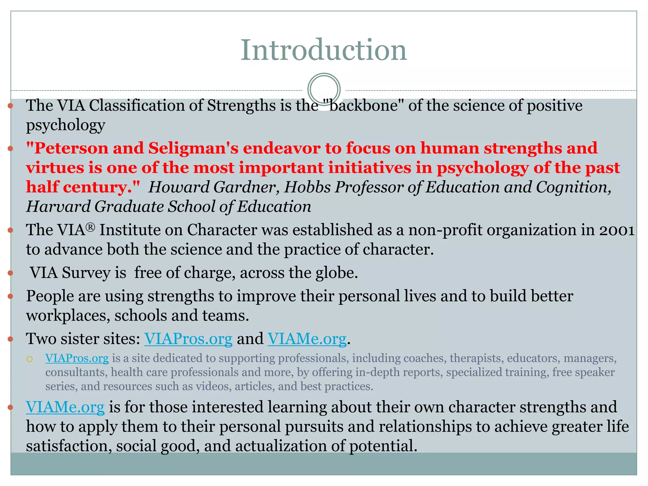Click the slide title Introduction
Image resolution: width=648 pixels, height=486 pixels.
[323, 50]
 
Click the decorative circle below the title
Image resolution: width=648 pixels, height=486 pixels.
[324, 89]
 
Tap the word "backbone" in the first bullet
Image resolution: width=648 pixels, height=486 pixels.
[364, 105]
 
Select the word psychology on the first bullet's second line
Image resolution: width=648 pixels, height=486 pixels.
[65, 125]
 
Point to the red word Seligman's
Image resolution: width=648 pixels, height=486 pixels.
[193, 148]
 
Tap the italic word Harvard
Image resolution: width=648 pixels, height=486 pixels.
[58, 207]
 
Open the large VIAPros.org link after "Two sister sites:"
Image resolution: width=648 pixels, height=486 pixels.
[188, 339]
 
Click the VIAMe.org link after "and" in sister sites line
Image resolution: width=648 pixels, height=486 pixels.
[307, 339]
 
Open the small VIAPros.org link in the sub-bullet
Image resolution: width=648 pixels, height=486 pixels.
[77, 358]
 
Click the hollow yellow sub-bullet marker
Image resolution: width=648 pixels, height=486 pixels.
[30, 359]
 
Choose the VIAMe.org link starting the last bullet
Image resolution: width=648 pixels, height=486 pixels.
[65, 407]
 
